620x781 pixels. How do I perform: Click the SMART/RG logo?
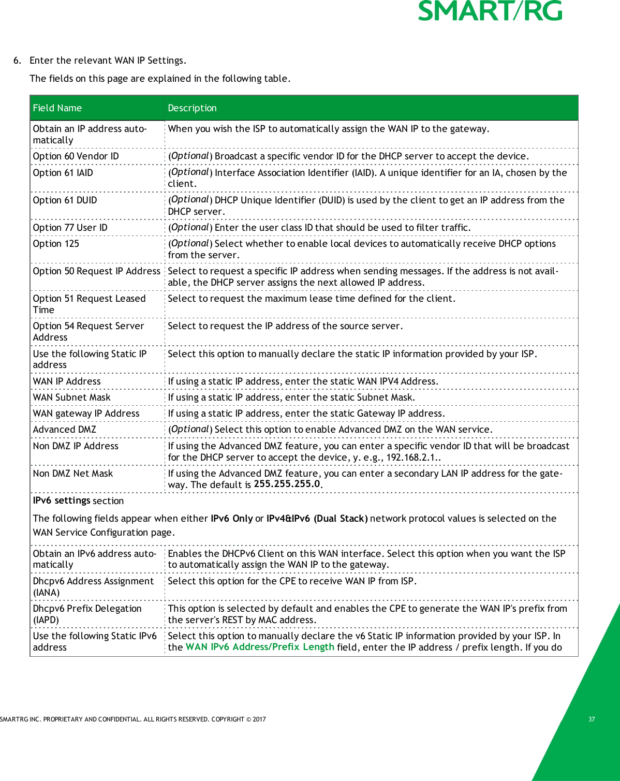click(x=490, y=11)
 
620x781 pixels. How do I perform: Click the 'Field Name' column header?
click(x=57, y=108)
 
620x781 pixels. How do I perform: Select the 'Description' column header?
click(x=192, y=108)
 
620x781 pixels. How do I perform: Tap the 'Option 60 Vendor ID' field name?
click(x=76, y=156)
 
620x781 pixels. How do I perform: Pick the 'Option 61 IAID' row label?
click(x=63, y=173)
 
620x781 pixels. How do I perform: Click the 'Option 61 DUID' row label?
click(x=65, y=200)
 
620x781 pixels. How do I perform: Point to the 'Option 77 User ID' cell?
click(x=70, y=228)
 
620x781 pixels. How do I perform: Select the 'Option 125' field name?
click(x=56, y=244)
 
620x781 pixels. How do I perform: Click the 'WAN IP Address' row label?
click(x=67, y=381)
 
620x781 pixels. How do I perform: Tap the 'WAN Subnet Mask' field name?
click(x=71, y=397)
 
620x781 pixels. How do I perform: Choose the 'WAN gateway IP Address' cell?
click(x=86, y=414)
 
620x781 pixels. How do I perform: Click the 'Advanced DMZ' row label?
click(x=64, y=430)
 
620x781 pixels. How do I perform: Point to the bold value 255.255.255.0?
click(x=287, y=484)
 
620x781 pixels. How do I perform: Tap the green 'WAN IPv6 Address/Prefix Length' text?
click(x=260, y=647)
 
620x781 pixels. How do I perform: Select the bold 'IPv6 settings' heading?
click(x=62, y=500)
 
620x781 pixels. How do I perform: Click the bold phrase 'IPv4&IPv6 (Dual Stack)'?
click(x=317, y=519)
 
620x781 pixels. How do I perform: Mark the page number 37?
click(x=592, y=719)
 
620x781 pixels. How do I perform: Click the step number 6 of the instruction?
click(x=17, y=61)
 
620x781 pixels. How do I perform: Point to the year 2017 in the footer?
click(x=259, y=719)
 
